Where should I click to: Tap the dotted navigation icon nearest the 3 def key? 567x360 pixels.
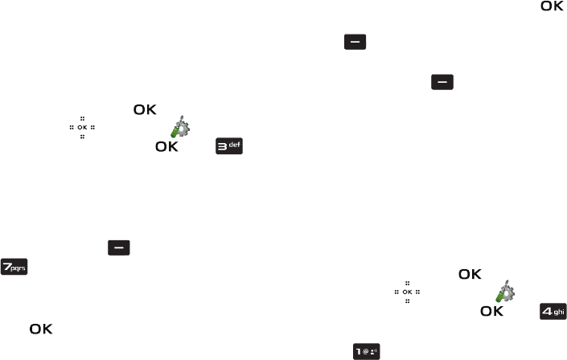point(81,128)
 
